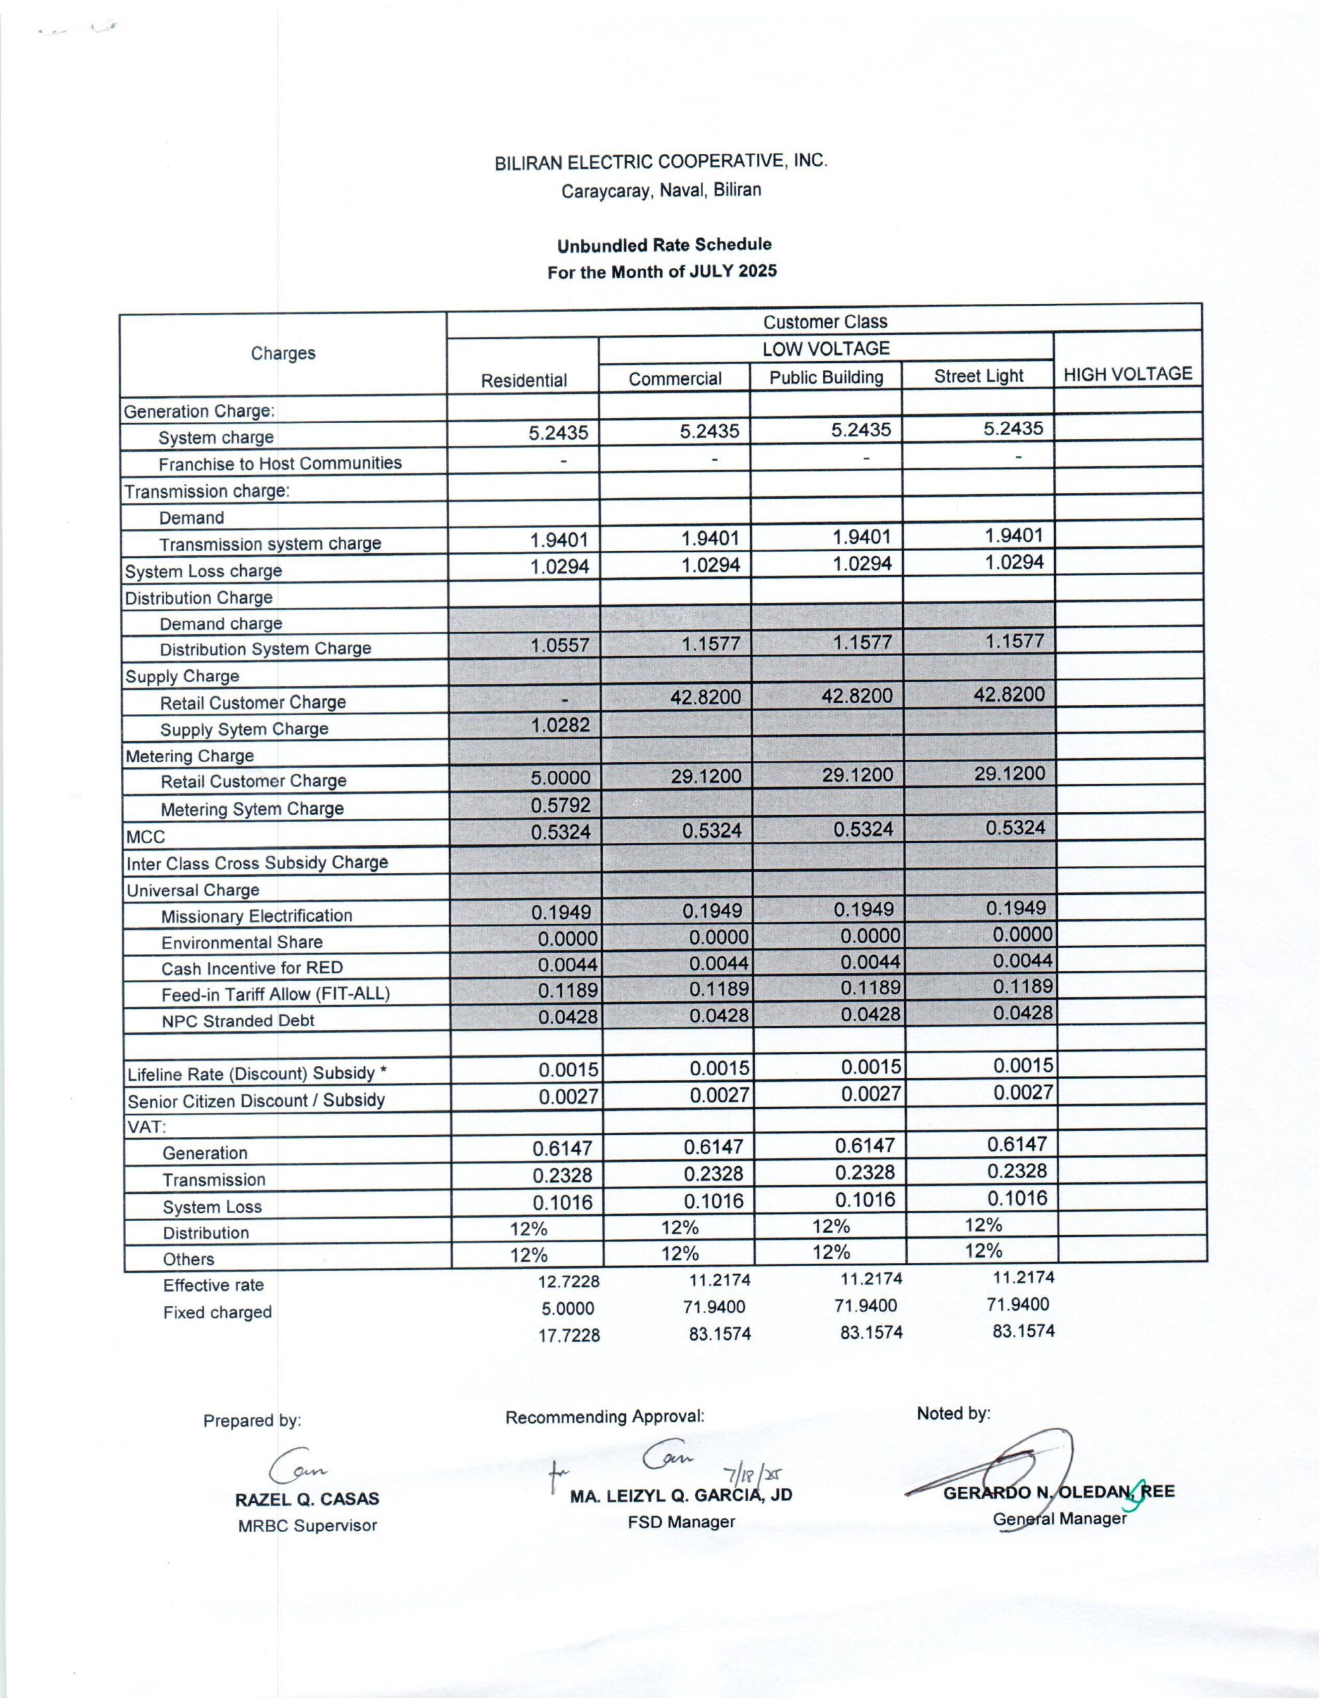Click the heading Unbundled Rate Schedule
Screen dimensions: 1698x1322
click(664, 245)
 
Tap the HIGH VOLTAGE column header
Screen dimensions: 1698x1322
click(1128, 374)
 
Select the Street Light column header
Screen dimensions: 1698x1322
click(978, 376)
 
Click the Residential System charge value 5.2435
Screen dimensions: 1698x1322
click(559, 433)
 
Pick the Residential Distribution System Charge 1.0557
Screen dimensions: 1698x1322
click(559, 645)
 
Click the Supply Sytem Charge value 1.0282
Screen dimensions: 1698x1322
click(560, 726)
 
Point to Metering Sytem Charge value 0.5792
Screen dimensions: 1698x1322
click(560, 805)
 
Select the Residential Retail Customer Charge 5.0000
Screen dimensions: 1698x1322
click(560, 778)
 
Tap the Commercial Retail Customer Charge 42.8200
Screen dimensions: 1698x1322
click(705, 697)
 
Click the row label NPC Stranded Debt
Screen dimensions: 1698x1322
click(237, 1021)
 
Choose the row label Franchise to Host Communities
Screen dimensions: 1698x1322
click(280, 464)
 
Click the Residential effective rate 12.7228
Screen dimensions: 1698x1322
click(568, 1281)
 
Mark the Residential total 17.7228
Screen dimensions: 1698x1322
click(568, 1336)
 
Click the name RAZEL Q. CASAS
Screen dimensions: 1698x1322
click(307, 1500)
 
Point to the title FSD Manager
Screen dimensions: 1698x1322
click(681, 1522)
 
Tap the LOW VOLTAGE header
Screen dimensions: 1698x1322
click(825, 349)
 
